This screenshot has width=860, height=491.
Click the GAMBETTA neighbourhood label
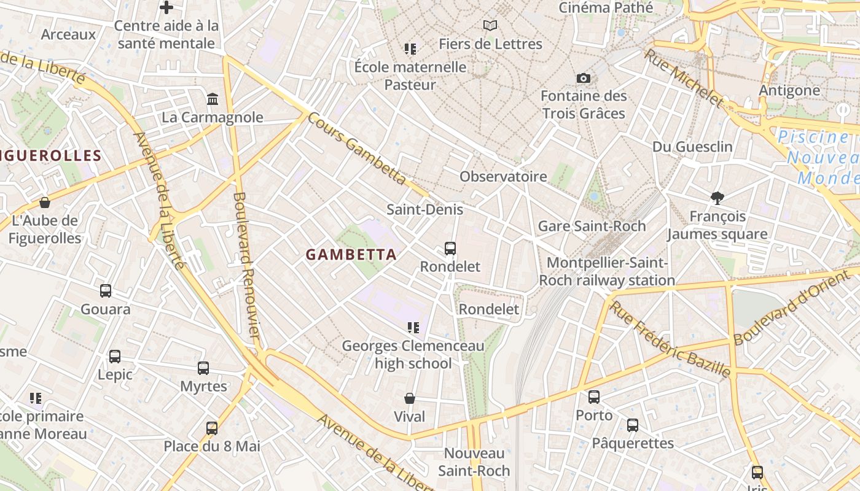click(351, 254)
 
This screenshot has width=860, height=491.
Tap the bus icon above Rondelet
click(450, 249)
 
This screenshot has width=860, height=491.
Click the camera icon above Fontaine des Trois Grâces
click(584, 78)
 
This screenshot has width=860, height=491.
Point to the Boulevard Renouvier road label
click(246, 264)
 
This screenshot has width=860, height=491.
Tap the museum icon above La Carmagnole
click(213, 99)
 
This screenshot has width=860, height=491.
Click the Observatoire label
click(503, 177)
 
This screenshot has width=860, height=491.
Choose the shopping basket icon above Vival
click(410, 398)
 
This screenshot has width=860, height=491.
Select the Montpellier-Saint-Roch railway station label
click(607, 272)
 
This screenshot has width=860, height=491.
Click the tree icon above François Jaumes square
click(717, 198)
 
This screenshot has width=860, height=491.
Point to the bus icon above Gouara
click(106, 291)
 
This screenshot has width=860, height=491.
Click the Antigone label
click(789, 91)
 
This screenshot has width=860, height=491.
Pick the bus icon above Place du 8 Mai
click(212, 428)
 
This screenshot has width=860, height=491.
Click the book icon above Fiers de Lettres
click(490, 25)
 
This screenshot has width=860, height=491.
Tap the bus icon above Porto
click(594, 397)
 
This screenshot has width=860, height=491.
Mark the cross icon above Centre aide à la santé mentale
click(166, 7)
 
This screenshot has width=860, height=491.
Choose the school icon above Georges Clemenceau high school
click(413, 328)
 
